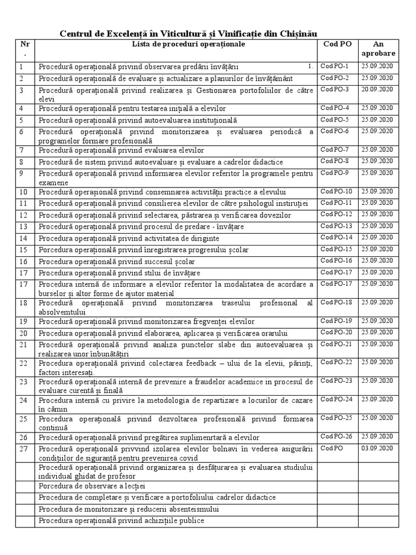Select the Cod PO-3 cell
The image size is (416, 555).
point(335,89)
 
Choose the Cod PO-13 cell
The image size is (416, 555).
point(336,226)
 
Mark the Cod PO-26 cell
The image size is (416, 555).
point(336,436)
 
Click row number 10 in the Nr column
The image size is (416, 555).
point(23,192)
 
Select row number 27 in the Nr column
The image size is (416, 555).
point(23,449)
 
